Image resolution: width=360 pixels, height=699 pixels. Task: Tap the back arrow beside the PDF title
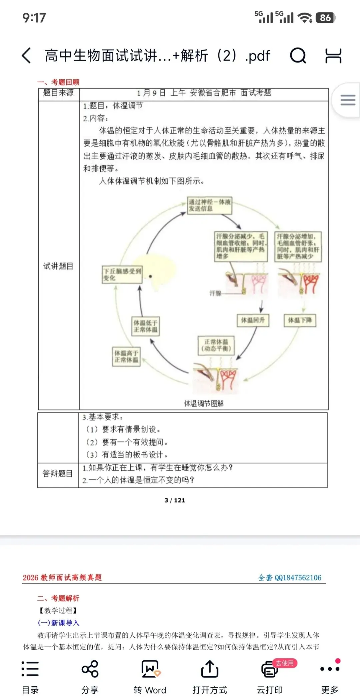pos(27,55)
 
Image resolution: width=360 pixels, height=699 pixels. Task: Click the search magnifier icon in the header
pos(298,55)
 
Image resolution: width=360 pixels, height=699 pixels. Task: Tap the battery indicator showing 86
pos(325,18)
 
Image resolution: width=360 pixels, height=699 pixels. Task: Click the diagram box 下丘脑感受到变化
pos(122,275)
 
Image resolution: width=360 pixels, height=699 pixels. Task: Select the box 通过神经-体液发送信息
pos(209,205)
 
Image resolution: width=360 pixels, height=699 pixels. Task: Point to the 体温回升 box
pos(253,320)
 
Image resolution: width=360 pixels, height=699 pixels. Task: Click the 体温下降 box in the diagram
pos(300,320)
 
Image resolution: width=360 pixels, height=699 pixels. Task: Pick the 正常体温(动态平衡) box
pos(216,345)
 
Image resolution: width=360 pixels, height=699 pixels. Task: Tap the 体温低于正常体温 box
pos(145,326)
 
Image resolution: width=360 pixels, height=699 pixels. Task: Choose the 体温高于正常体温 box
pos(126,356)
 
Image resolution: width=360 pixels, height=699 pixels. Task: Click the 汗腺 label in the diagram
pos(215,293)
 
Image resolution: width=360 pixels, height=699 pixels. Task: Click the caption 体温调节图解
pos(204,403)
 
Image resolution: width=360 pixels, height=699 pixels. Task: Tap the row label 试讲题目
pos(58,266)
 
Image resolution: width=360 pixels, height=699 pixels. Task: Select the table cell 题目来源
pos(58,93)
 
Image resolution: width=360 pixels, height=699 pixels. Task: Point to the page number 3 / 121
pos(175,500)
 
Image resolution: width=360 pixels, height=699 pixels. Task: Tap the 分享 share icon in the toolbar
pos(90,669)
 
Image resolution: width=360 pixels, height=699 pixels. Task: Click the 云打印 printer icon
pos(269,670)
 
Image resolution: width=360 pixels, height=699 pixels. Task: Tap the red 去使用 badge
pos(285,663)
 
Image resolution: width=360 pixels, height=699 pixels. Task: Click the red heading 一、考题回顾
pos(58,82)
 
